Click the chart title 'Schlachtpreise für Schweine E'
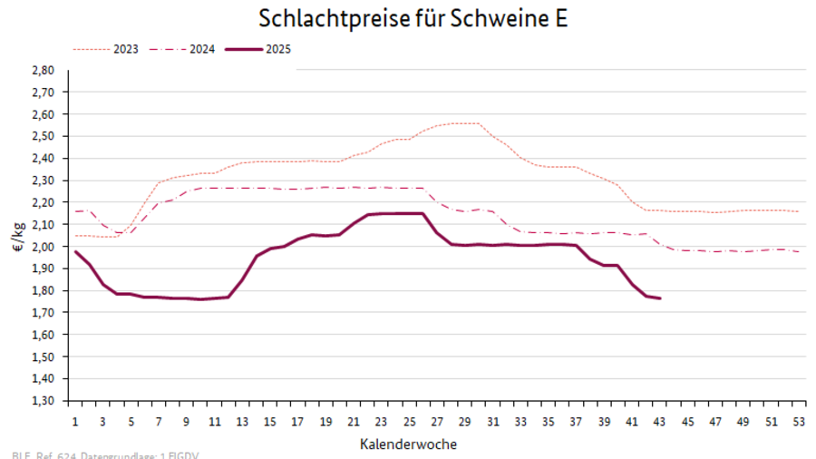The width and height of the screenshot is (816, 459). point(413,18)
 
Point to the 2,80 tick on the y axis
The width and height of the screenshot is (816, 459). point(43,70)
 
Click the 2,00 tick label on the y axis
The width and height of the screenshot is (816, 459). point(43,247)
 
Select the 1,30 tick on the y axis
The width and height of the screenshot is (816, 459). point(43,401)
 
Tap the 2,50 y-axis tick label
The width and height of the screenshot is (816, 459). point(43,136)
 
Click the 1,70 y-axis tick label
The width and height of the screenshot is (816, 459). point(43,313)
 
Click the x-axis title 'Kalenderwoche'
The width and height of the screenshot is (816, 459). point(408,444)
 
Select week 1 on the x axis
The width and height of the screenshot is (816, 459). point(75,422)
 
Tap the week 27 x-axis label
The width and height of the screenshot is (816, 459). point(436,422)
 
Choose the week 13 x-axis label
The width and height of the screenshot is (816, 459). point(242,422)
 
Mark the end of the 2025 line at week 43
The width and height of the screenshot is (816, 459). point(659,298)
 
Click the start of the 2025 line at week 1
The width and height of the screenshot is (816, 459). point(75,251)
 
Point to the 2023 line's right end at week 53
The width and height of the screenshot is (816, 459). point(797,211)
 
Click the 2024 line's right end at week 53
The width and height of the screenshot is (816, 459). point(797,251)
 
